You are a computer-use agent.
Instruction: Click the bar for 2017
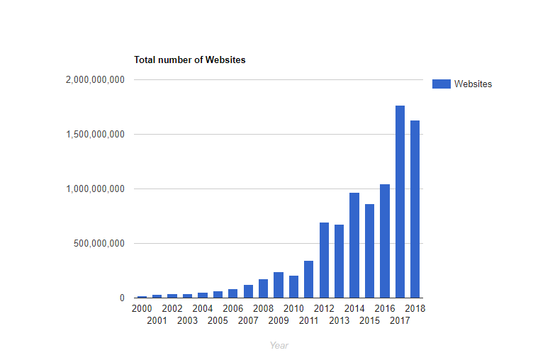(400, 202)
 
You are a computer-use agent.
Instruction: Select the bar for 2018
(415, 209)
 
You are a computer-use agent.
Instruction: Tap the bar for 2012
(324, 260)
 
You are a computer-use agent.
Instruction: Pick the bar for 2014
(354, 245)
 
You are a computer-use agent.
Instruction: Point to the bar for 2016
(385, 241)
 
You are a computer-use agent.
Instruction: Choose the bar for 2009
(279, 285)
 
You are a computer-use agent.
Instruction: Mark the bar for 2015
(369, 251)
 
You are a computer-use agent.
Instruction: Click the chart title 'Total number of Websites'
(190, 60)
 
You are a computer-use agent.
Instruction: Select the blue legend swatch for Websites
(441, 84)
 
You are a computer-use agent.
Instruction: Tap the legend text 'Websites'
(473, 84)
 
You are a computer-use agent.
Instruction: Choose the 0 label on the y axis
(122, 298)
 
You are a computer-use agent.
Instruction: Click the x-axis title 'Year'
(279, 345)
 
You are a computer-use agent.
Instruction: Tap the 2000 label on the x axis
(142, 308)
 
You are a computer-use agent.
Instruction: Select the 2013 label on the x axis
(340, 320)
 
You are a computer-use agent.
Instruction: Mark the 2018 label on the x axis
(415, 308)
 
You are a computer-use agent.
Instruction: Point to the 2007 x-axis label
(248, 320)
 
